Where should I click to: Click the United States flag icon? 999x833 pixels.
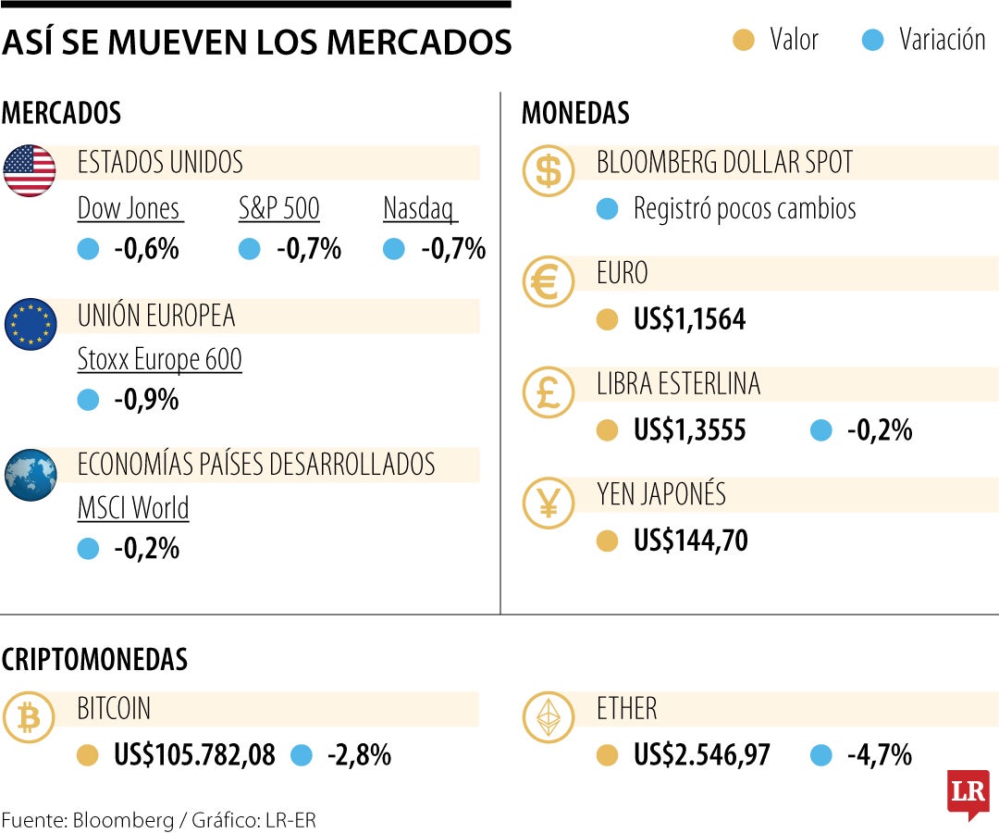(31, 171)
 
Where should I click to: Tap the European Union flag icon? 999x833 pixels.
(31, 324)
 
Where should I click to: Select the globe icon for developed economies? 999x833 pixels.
(31, 475)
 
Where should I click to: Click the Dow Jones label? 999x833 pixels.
(129, 208)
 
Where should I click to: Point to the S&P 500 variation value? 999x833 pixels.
(309, 249)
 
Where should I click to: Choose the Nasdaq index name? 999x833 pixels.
(420, 208)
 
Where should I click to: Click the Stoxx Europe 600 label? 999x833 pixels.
(159, 359)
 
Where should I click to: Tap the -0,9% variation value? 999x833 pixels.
(146, 400)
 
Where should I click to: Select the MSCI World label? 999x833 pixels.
(133, 508)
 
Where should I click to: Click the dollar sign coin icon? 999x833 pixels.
(549, 171)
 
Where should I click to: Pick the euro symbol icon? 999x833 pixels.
(549, 282)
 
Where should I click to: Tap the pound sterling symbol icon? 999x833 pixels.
(549, 392)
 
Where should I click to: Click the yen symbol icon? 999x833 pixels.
(549, 503)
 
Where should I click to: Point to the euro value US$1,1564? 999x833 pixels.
(689, 320)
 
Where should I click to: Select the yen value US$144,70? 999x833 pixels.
(690, 541)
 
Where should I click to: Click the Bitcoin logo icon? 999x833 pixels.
(30, 717)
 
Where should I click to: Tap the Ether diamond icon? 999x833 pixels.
(549, 717)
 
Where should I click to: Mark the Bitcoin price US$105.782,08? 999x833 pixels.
(194, 755)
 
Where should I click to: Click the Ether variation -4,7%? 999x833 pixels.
(879, 755)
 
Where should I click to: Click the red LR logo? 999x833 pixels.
(968, 793)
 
